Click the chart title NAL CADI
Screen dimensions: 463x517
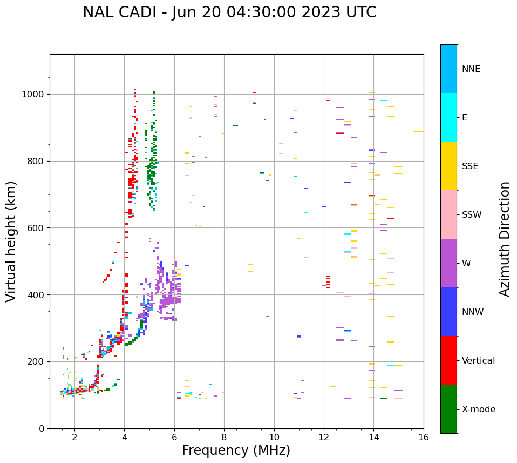click(x=229, y=12)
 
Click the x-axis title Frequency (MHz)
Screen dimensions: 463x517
click(x=236, y=451)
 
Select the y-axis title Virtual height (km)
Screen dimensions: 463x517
click(x=11, y=241)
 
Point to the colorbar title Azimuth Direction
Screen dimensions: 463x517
click(x=505, y=239)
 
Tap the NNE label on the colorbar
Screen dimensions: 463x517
click(x=471, y=69)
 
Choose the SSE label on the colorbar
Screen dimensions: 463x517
click(x=470, y=166)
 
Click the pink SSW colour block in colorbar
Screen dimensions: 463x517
click(x=448, y=214)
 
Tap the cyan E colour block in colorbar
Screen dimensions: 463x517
click(x=448, y=117)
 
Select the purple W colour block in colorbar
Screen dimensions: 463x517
click(x=448, y=263)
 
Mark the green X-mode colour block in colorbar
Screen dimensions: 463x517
click(x=448, y=409)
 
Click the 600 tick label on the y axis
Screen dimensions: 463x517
click(x=38, y=228)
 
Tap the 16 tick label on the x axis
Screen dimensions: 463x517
click(x=424, y=437)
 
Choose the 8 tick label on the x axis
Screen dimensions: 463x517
click(x=224, y=437)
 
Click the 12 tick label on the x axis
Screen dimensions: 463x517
click(x=324, y=437)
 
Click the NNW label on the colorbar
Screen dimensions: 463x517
click(x=472, y=312)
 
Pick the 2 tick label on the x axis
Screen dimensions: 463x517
click(x=74, y=437)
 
